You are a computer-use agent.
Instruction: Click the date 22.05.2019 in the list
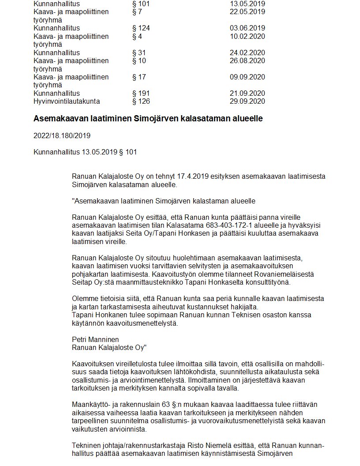[x=247, y=11]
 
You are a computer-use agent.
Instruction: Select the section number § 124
[x=141, y=28]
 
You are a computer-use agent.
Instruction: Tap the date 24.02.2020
[x=247, y=53]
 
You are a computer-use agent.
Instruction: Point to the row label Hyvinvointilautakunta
[x=67, y=101]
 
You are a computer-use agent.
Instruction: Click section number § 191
[x=141, y=94]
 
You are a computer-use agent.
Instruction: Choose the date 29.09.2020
[x=247, y=101]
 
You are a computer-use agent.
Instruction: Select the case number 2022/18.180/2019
[x=62, y=135]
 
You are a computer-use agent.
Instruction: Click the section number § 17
[x=139, y=77]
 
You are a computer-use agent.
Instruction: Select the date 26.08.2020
[x=247, y=61]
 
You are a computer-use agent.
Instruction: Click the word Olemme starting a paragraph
[x=83, y=299]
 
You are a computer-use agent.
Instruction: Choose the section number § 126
[x=141, y=101]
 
